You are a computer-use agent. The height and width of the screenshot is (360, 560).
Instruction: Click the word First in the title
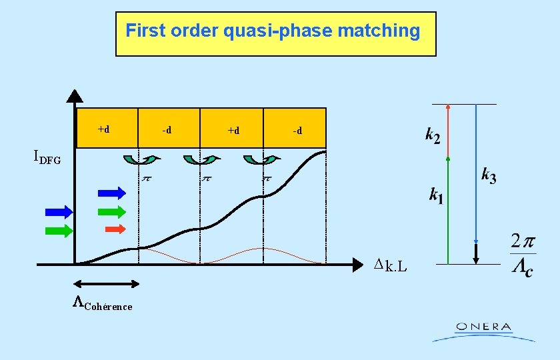click(143, 31)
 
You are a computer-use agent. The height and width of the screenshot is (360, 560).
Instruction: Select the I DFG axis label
click(47, 157)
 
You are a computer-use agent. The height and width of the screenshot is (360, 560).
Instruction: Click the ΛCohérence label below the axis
click(102, 304)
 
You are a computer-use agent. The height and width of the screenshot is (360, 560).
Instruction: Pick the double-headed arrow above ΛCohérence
click(107, 284)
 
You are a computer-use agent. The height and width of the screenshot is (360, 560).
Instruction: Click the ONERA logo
click(483, 331)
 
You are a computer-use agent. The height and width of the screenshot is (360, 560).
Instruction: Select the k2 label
click(433, 136)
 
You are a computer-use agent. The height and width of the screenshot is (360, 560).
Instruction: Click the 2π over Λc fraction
click(522, 255)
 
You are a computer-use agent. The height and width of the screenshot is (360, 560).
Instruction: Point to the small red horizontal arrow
click(115, 229)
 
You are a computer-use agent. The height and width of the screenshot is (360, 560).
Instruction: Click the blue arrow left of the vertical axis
click(59, 213)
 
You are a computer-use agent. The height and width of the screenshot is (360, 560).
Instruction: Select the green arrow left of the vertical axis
click(59, 231)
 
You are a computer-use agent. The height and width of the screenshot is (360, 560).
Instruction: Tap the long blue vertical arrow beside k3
click(475, 173)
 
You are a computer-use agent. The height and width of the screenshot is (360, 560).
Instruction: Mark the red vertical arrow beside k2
click(448, 131)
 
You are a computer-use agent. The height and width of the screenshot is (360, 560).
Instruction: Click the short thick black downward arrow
click(476, 254)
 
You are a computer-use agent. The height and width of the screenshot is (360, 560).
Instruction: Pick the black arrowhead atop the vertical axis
click(75, 97)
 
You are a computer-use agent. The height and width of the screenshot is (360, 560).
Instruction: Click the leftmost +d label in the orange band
click(104, 129)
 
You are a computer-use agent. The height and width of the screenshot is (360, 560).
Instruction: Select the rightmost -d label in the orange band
click(297, 131)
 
